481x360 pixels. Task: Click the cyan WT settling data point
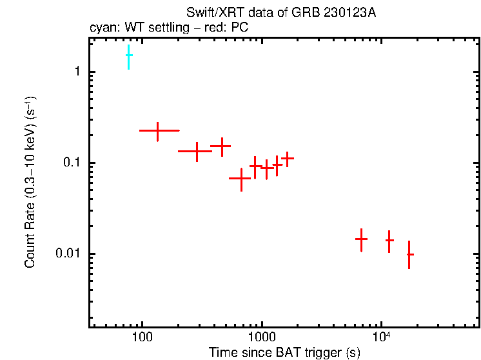pyautogui.click(x=129, y=56)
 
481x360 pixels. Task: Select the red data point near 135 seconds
pyautogui.click(x=158, y=130)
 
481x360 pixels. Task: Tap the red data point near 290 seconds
pyautogui.click(x=197, y=151)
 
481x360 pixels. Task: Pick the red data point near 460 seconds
pyautogui.click(x=221, y=146)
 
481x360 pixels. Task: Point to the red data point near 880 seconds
pyautogui.click(x=255, y=166)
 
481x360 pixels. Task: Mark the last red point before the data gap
pyautogui.click(x=288, y=158)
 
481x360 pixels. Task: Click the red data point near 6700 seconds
pyautogui.click(x=361, y=239)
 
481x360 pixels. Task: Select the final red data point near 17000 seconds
pyautogui.click(x=409, y=254)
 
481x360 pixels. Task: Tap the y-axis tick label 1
pyautogui.click(x=76, y=72)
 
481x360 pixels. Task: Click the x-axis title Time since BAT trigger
pyautogui.click(x=284, y=352)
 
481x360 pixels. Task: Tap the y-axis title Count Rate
pyautogui.click(x=30, y=183)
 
